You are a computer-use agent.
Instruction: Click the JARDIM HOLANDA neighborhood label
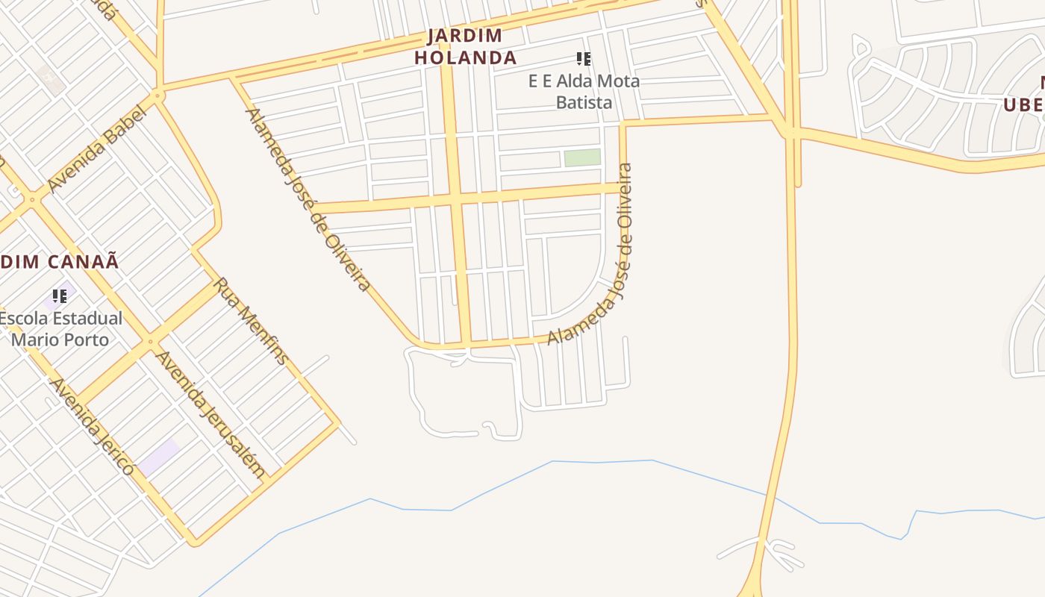465,46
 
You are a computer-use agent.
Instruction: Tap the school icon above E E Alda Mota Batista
584,59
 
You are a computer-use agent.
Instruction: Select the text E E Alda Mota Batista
584,91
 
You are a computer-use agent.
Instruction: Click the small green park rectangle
582,157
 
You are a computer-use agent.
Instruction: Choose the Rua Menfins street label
251,321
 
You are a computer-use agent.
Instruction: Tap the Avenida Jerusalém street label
210,414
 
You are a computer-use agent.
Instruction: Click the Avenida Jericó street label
92,426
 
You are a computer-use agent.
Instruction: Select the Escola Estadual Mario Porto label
60,328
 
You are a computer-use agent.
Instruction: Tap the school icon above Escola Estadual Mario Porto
60,296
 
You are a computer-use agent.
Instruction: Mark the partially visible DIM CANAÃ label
60,261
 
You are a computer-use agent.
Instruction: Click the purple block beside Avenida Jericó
159,457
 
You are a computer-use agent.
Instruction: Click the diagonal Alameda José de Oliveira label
308,199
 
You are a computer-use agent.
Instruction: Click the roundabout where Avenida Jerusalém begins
151,342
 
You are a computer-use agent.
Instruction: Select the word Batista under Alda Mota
584,102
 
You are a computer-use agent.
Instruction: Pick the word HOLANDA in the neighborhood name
465,57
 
